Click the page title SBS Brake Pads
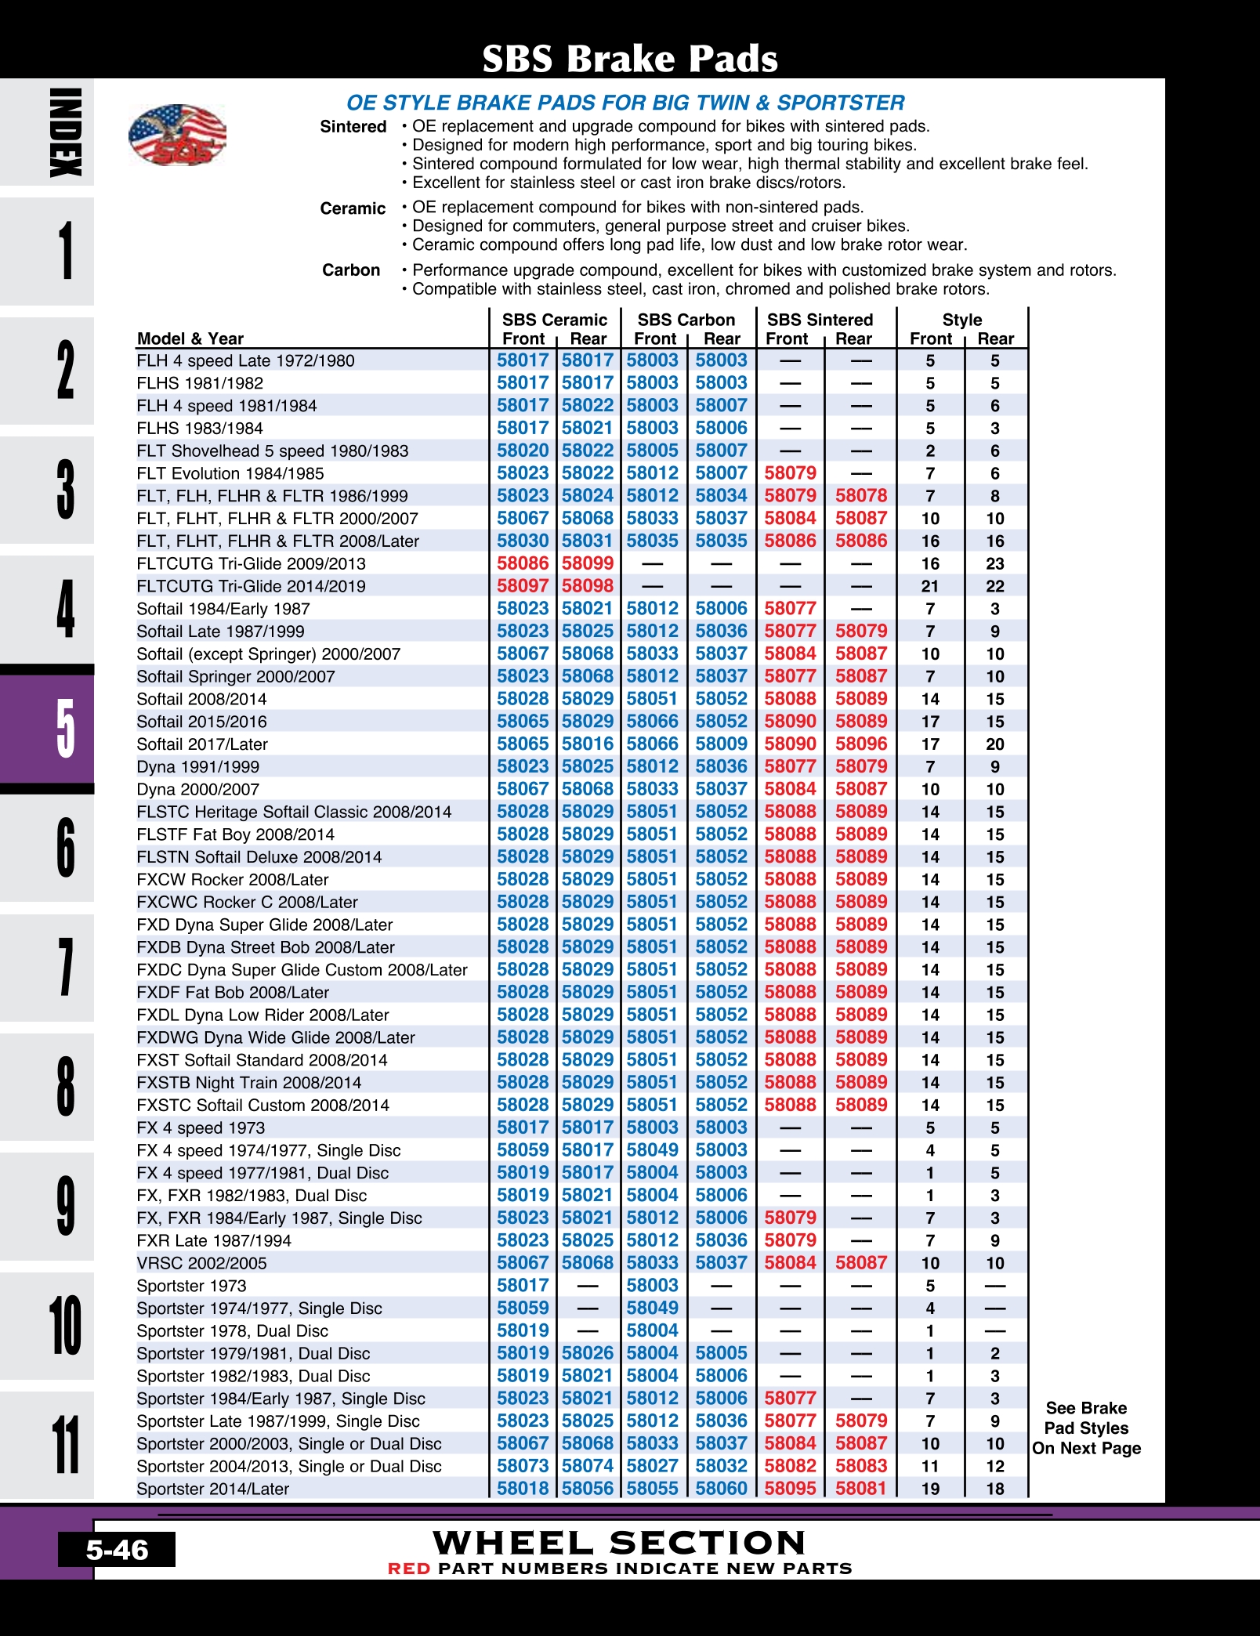pos(629,59)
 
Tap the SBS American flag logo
pos(177,135)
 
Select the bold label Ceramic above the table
pos(353,208)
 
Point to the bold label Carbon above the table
pos(351,270)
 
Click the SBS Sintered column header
pos(820,320)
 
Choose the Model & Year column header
pos(190,338)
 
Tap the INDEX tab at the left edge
pos(65,132)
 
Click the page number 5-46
pos(117,1550)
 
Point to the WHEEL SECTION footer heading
pos(619,1543)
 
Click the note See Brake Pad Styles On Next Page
pos(1086,1428)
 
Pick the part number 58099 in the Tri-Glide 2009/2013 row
pos(588,563)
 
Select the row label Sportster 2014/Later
pos(213,1489)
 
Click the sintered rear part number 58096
pos(861,744)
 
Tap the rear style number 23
pos(995,564)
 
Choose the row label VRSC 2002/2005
pos(201,1263)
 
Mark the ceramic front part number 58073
pos(523,1466)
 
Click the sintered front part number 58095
pos(791,1489)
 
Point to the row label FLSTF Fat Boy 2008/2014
pos(235,834)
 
